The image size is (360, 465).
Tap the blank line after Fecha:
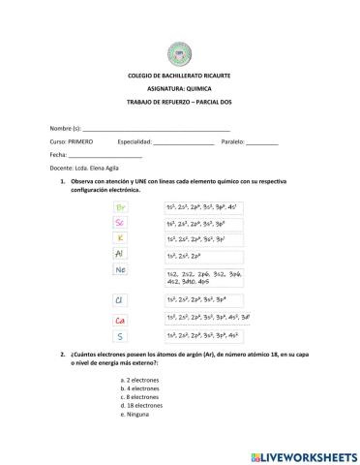coord(105,155)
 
